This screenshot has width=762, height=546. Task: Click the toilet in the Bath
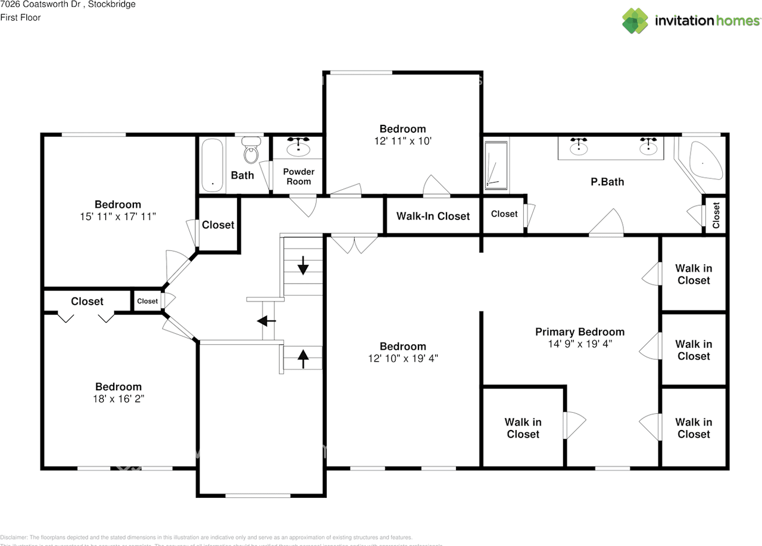tap(251, 150)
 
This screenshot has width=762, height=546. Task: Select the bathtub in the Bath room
tap(212, 165)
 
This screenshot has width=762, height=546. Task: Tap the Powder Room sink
tap(298, 146)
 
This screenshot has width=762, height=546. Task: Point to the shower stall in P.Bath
tap(495, 167)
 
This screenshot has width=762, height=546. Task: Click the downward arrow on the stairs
tap(303, 265)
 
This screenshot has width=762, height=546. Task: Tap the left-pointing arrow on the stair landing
tap(266, 321)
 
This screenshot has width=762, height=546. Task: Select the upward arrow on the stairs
tap(303, 358)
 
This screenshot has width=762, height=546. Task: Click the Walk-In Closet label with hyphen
tap(433, 216)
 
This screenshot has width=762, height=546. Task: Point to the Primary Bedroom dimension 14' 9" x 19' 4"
tap(580, 344)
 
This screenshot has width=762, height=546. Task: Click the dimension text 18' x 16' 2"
tap(118, 398)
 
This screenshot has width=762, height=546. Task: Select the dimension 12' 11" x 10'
tap(402, 141)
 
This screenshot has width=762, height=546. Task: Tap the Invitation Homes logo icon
tap(635, 21)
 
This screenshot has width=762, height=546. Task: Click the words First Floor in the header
tap(20, 17)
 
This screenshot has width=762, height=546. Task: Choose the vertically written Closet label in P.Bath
tap(716, 215)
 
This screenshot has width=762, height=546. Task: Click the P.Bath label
tap(607, 182)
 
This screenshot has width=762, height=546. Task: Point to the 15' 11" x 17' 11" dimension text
tap(118, 216)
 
